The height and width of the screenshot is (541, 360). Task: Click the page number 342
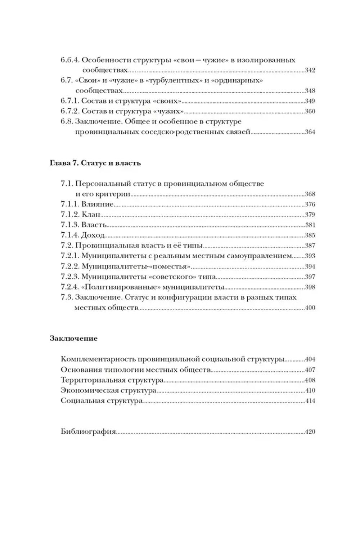(x=310, y=70)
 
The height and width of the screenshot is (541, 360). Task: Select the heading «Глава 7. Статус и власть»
(x=95, y=163)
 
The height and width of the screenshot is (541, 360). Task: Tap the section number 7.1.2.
(x=70, y=215)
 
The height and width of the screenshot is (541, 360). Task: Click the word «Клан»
(x=91, y=215)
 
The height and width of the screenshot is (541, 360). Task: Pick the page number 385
(x=310, y=235)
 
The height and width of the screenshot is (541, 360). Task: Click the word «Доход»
(x=93, y=235)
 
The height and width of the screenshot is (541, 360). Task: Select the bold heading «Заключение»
(x=73, y=339)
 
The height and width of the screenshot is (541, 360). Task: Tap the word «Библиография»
(x=88, y=432)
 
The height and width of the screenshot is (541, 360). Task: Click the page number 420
(x=310, y=432)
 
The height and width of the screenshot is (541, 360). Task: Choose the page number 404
(x=310, y=359)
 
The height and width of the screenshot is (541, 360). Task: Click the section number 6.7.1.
(x=70, y=101)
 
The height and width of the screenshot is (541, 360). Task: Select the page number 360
(x=310, y=111)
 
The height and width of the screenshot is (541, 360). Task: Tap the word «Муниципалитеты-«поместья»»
(x=136, y=267)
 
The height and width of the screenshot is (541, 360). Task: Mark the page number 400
(x=310, y=308)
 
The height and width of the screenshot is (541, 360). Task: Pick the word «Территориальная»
(x=93, y=380)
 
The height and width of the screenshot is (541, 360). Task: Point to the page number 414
(x=310, y=401)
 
